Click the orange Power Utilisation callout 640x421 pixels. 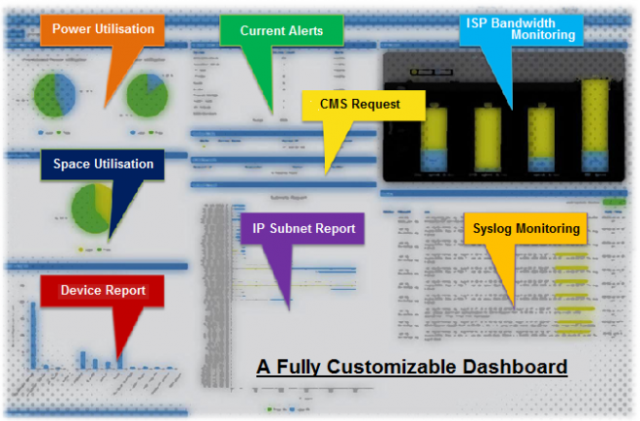point(103,30)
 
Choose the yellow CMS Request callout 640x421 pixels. point(360,104)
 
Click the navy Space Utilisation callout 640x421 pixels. point(103,164)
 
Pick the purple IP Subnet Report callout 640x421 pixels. point(304,230)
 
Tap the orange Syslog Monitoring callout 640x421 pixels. point(527,230)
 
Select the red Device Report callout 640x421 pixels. point(103,290)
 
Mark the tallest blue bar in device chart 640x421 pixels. point(32,335)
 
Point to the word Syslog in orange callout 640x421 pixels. point(495,230)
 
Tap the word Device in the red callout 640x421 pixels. point(81,290)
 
